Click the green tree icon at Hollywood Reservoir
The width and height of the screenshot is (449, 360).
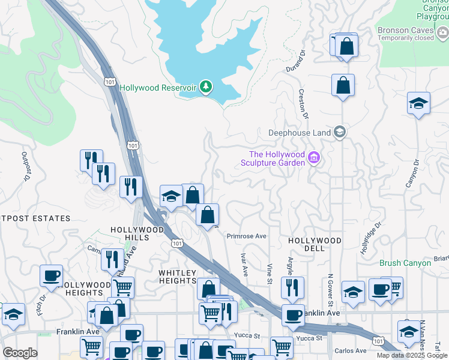206,88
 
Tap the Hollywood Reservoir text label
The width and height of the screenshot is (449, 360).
158,88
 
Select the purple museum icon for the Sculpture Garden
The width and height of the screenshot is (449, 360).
313,158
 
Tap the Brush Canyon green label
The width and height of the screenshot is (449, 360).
405,263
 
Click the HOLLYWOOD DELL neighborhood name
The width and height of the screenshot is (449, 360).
315,240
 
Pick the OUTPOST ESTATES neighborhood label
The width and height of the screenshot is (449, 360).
35,218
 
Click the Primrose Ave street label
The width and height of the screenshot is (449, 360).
246,236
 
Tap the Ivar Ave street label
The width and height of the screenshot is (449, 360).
244,265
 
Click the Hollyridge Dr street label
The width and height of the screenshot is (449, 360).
371,239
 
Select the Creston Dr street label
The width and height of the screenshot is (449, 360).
304,104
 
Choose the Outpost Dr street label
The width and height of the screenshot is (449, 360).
26,166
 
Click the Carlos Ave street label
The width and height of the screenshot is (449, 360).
351,350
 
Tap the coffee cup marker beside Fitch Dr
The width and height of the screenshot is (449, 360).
51,277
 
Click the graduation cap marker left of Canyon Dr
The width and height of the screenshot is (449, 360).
418,104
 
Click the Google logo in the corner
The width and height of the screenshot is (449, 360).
20,353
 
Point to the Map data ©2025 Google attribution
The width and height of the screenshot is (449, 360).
412,356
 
